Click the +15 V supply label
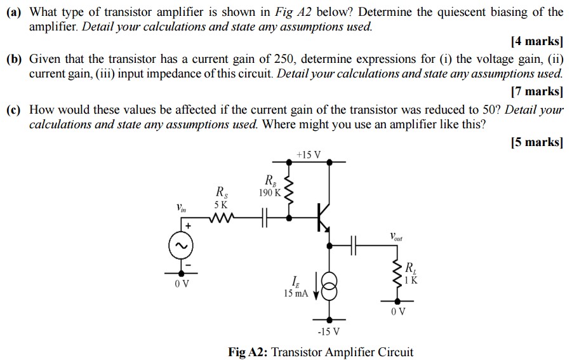pos(309,155)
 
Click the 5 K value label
pos(220,204)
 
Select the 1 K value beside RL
pos(411,279)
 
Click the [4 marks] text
pos(536,42)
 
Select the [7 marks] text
pos(536,90)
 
